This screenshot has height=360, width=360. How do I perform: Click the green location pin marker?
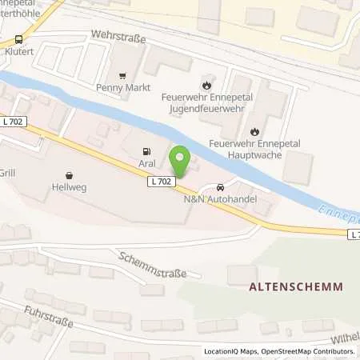pyautogui.click(x=181, y=158)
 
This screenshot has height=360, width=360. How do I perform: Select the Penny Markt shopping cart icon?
pyautogui.click(x=121, y=78)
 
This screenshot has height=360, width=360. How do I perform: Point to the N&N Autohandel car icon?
pyautogui.click(x=220, y=186)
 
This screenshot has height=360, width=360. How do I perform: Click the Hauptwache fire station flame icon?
pyautogui.click(x=254, y=131)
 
